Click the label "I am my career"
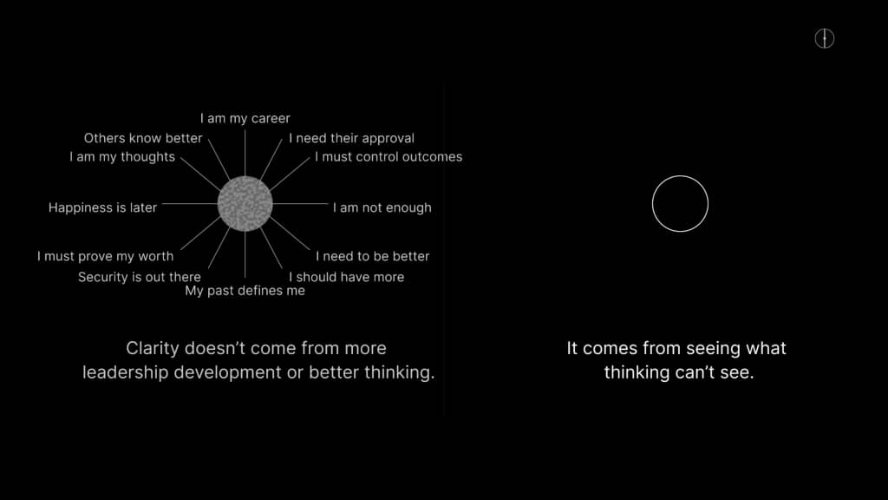tap(245, 118)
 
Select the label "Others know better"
tap(143, 138)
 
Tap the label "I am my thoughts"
tap(122, 157)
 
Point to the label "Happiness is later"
tap(102, 207)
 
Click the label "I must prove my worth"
tap(105, 256)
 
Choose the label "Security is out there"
tap(140, 277)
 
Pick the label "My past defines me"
tap(245, 291)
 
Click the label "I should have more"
tap(346, 277)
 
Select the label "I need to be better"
tap(372, 256)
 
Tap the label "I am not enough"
tap(382, 207)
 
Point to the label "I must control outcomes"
tap(388, 157)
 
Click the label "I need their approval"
tap(351, 138)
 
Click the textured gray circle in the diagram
tap(245, 204)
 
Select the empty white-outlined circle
tap(680, 204)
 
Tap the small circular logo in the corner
tap(824, 38)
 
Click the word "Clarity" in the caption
tap(153, 348)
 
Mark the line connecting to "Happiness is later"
tap(189, 204)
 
